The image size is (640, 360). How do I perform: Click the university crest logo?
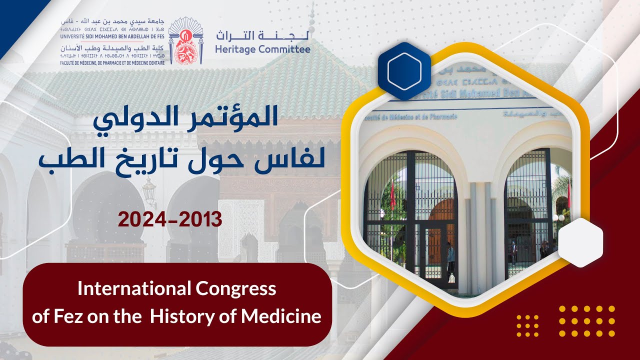click(x=185, y=40)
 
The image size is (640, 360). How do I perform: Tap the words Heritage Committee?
click(x=262, y=49)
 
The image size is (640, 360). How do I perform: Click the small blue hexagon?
click(x=404, y=71)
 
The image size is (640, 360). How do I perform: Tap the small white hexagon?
click(x=580, y=242)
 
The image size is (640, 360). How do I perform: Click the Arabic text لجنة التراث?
click(x=262, y=35)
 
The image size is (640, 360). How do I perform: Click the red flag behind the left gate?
click(x=392, y=195)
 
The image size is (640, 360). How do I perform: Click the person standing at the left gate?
click(x=450, y=257)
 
